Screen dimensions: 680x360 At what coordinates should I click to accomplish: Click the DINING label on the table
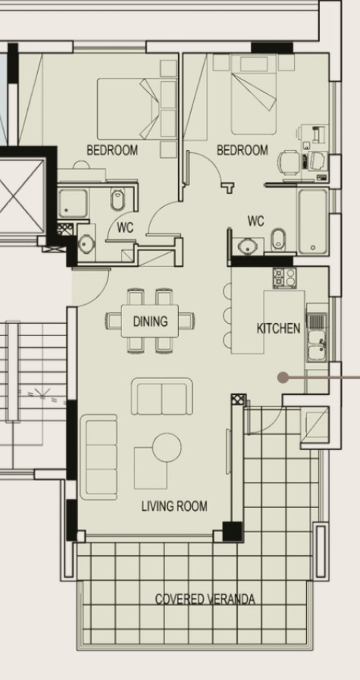click(x=150, y=321)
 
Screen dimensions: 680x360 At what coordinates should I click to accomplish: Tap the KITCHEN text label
click(x=278, y=328)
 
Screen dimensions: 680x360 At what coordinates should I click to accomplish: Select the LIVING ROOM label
click(x=174, y=506)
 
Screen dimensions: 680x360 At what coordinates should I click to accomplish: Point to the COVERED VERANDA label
click(x=205, y=599)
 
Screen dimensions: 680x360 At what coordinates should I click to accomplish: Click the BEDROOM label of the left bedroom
click(x=112, y=150)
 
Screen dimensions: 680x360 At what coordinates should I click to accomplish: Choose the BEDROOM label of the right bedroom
click(x=243, y=150)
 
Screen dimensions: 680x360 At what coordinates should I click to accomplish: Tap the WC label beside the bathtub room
click(x=256, y=221)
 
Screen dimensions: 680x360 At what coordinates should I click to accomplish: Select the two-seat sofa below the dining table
click(x=161, y=396)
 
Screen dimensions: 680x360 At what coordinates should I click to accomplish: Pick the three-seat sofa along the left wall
click(x=99, y=457)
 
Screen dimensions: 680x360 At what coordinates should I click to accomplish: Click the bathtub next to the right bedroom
click(x=312, y=221)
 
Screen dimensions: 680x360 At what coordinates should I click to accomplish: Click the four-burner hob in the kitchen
click(x=283, y=277)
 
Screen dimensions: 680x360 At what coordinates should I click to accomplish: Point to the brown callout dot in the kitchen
click(x=283, y=376)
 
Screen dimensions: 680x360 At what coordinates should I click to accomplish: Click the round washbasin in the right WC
click(x=246, y=246)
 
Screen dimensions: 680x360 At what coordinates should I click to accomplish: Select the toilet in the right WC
click(x=277, y=238)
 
